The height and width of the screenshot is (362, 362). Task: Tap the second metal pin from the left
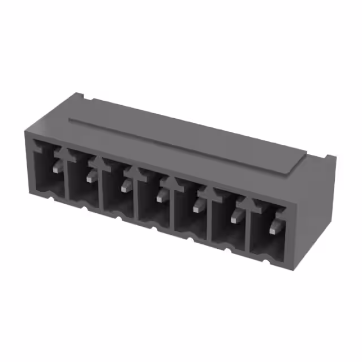[90, 176]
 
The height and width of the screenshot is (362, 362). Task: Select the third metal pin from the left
[126, 186]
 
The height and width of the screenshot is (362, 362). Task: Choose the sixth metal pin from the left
[235, 216]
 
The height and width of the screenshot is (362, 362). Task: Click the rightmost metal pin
[274, 227]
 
